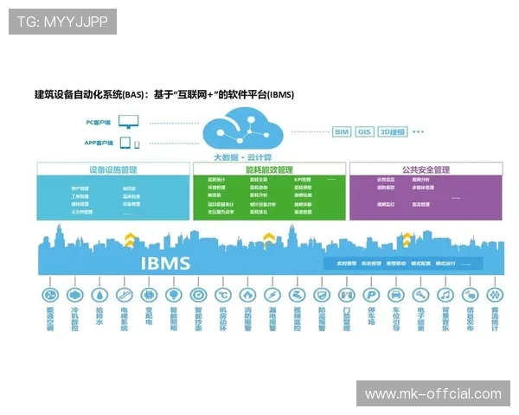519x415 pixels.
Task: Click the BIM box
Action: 342,132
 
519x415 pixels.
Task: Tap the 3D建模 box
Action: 393,132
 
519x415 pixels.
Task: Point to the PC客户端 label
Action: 99,123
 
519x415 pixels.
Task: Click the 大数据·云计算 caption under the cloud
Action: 243,156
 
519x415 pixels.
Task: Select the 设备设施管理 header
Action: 112,169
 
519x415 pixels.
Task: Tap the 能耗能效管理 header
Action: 268,169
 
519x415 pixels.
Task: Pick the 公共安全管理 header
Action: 425,169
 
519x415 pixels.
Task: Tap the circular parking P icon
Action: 371,294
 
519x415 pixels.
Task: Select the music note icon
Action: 446,294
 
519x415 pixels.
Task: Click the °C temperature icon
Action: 221,294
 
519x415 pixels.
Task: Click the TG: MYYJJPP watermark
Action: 62,21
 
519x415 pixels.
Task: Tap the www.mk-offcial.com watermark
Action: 432,394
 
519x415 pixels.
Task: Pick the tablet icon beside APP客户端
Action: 125,143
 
